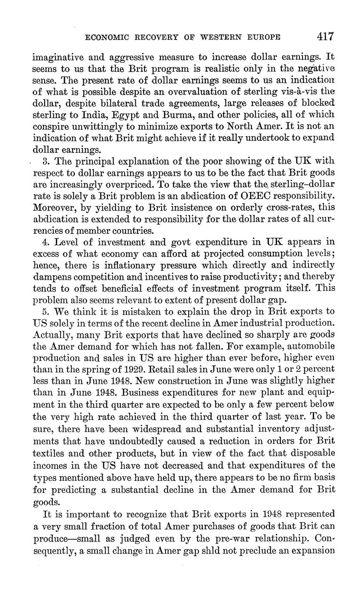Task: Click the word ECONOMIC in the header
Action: (106, 37)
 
